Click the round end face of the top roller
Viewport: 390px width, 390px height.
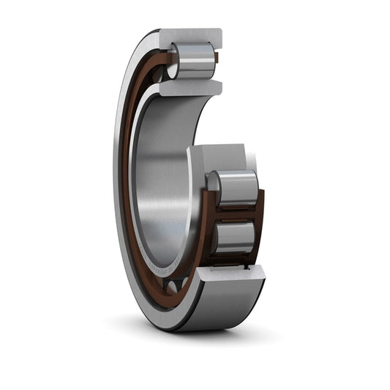tap(173, 64)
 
